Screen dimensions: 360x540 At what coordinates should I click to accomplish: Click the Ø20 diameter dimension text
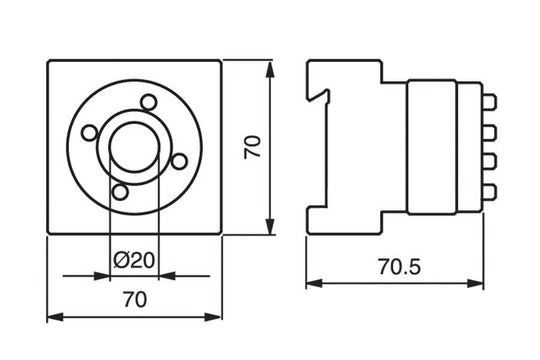[134, 260]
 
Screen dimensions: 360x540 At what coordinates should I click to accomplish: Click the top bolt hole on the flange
[149, 101]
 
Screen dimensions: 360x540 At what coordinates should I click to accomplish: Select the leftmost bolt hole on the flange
[88, 132]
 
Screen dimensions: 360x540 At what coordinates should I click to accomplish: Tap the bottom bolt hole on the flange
[120, 191]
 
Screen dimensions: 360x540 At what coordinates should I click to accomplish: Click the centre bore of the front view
[134, 146]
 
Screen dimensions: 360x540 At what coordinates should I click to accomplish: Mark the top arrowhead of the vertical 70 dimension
[270, 68]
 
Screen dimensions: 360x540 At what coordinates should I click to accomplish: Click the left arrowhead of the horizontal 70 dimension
[54, 317]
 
